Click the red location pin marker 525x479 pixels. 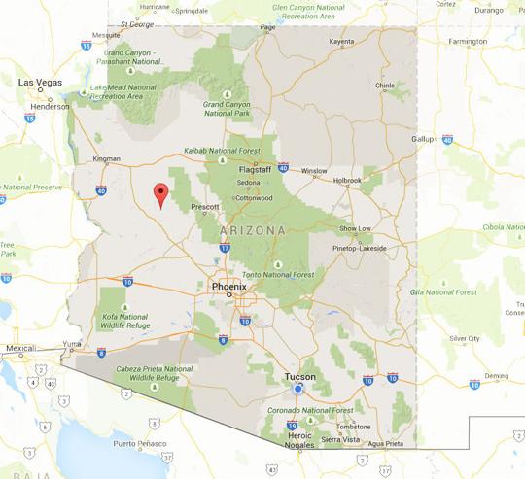pyautogui.click(x=160, y=194)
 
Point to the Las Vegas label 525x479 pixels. pyautogui.click(x=41, y=83)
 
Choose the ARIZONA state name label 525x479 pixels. pyautogui.click(x=255, y=231)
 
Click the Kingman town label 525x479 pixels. pyautogui.click(x=106, y=158)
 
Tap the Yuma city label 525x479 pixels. pyautogui.click(x=71, y=342)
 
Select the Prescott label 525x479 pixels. pyautogui.click(x=206, y=206)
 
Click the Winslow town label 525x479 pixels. pyautogui.click(x=314, y=171)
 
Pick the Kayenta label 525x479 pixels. pyautogui.click(x=341, y=42)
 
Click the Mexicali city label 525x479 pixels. pyautogui.click(x=20, y=347)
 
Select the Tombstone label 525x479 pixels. pyautogui.click(x=354, y=426)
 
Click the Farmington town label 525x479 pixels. pyautogui.click(x=469, y=42)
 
